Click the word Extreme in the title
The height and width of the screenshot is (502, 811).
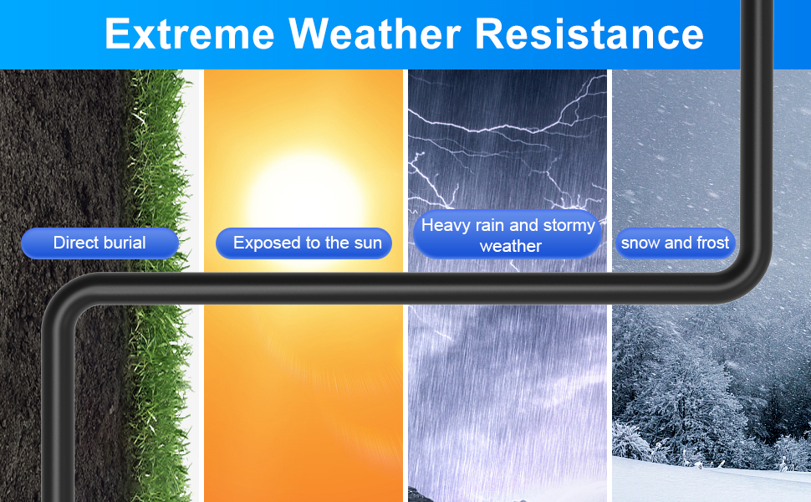[x=189, y=33]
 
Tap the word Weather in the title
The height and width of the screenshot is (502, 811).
[x=375, y=33]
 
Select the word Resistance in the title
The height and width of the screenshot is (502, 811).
[x=589, y=33]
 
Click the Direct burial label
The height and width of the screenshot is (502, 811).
[x=99, y=243]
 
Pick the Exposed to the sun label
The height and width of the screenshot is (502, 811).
[x=303, y=243]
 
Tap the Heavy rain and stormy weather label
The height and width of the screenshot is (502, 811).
[x=508, y=234]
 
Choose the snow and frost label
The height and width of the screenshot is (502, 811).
[x=675, y=243]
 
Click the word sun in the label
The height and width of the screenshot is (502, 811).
[x=368, y=243]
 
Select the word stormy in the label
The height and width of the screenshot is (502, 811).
[x=569, y=226]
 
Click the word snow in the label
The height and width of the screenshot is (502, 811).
[x=639, y=243]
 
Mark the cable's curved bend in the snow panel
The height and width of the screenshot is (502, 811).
[x=750, y=274]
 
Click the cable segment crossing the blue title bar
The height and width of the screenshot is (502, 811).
[x=757, y=34]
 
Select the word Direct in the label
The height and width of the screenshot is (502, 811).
[x=71, y=243]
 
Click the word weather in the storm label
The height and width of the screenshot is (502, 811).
[x=511, y=246]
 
